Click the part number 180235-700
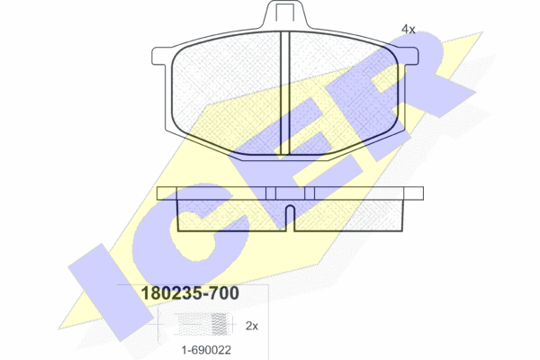(x=190, y=293)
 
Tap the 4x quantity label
(x=409, y=30)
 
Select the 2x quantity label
(x=252, y=326)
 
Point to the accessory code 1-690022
(x=206, y=350)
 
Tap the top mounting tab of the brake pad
(x=284, y=14)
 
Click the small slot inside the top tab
(x=284, y=13)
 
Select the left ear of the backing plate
(x=162, y=56)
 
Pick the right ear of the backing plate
(x=409, y=57)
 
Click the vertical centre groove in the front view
(x=284, y=93)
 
